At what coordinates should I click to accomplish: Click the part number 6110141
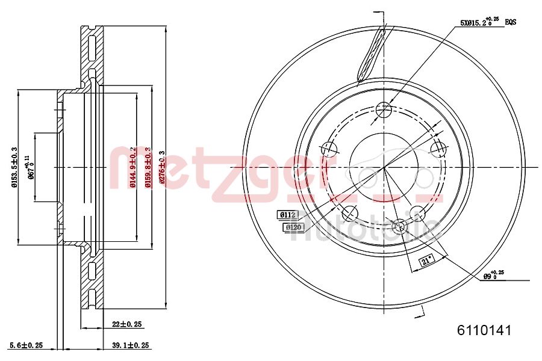coord(484,330)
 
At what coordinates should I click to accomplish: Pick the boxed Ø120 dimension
coord(293,227)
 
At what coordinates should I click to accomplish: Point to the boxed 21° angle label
coord(426,261)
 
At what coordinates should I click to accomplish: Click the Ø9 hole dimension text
coord(493,276)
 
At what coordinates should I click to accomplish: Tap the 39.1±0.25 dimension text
coord(130,345)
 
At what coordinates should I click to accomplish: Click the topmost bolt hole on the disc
coord(383,110)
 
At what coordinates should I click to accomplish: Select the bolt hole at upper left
coord(329,149)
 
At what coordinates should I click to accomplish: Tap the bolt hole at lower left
coord(349,212)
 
